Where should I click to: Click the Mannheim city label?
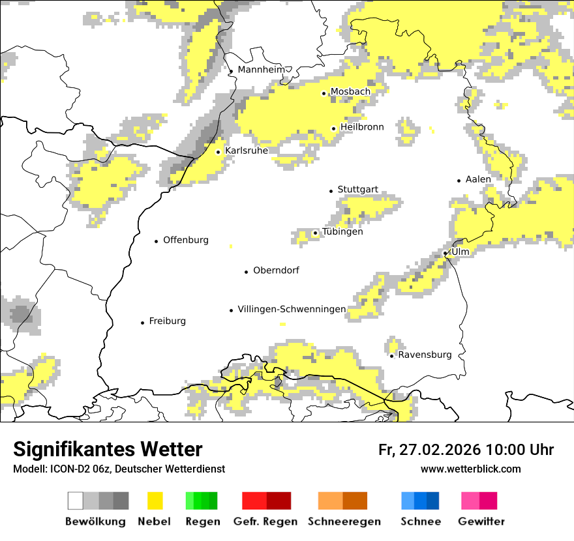click(261, 70)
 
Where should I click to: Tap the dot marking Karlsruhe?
click(219, 152)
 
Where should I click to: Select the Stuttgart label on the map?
click(357, 190)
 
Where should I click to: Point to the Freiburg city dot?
click(142, 323)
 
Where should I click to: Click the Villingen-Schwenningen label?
click(292, 309)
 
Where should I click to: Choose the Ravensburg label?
click(425, 355)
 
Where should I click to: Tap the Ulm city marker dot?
click(446, 253)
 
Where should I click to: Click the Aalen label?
click(478, 179)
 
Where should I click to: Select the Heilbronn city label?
click(362, 127)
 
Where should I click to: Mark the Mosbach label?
click(350, 92)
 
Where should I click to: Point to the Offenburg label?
click(186, 240)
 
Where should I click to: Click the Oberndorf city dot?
click(246, 272)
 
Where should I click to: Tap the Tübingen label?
click(342, 231)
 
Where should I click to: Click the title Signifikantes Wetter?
click(108, 449)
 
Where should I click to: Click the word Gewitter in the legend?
click(481, 521)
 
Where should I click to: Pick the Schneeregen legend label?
click(344, 521)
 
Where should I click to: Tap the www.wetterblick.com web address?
click(471, 469)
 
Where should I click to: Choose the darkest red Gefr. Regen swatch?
click(279, 501)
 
